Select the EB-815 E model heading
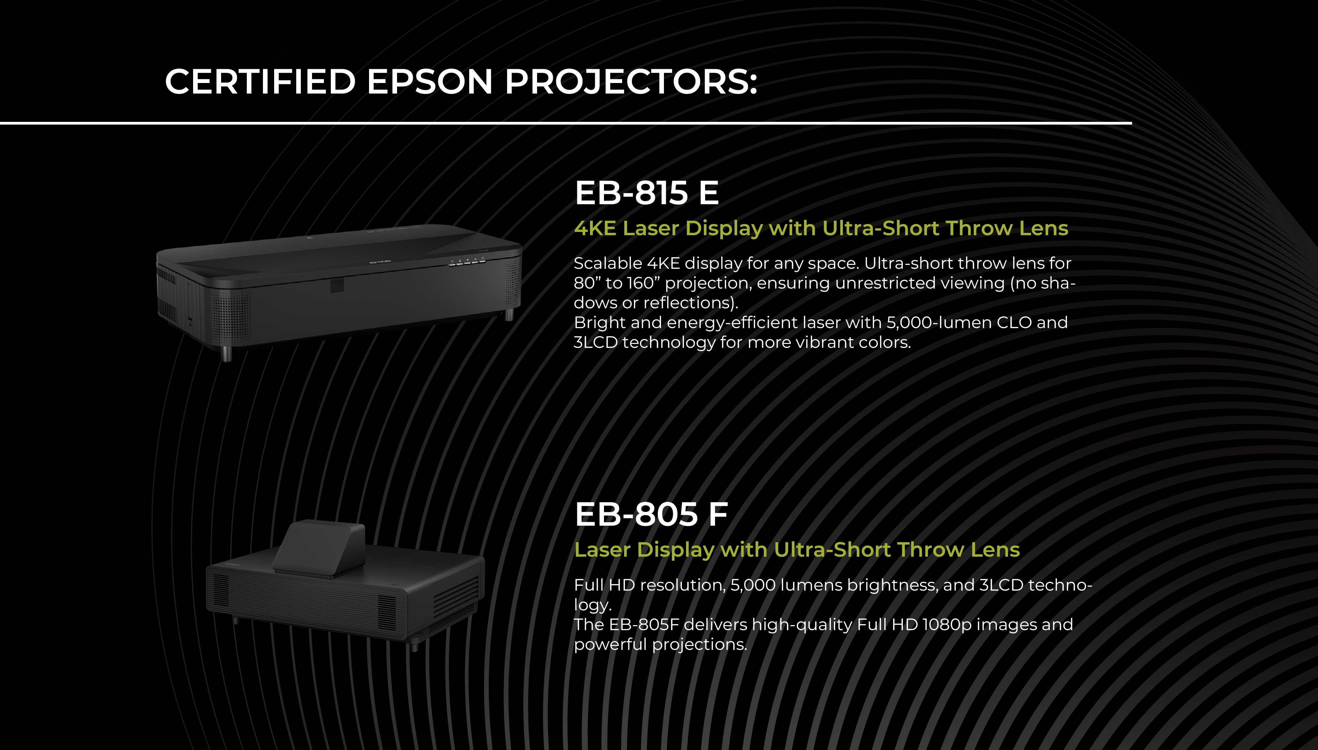point(646,193)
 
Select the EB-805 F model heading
point(651,514)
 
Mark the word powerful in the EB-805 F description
point(611,644)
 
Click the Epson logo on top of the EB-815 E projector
point(379,262)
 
